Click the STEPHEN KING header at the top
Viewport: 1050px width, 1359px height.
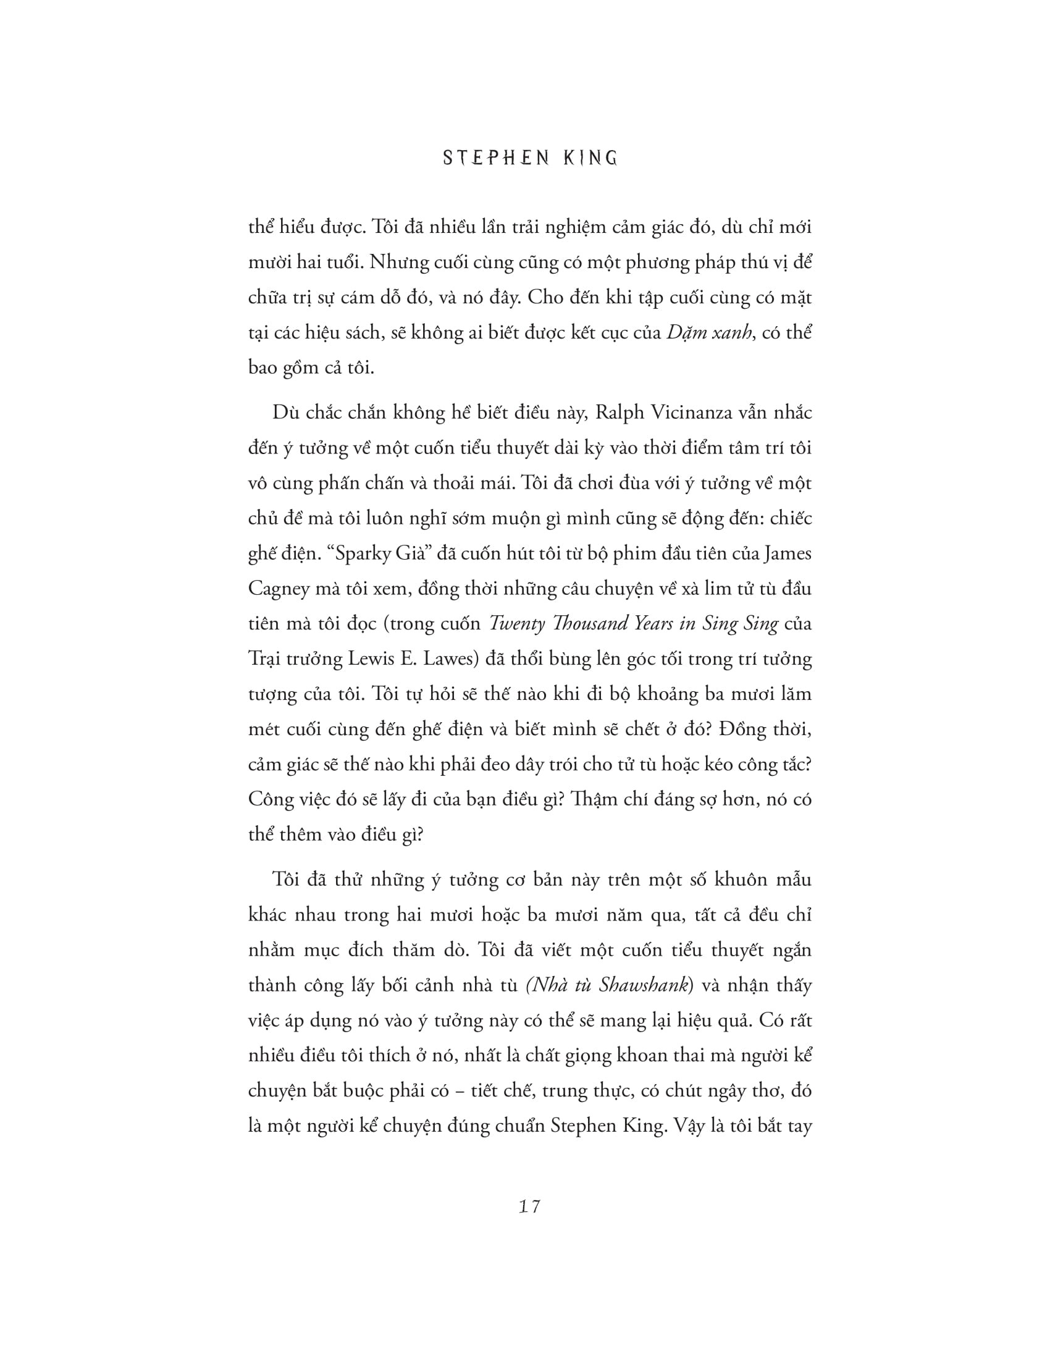pyautogui.click(x=530, y=159)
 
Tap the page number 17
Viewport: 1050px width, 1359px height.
pyautogui.click(x=529, y=1206)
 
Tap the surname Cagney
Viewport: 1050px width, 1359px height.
pyautogui.click(x=279, y=589)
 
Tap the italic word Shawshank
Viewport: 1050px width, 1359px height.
pyautogui.click(x=644, y=986)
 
